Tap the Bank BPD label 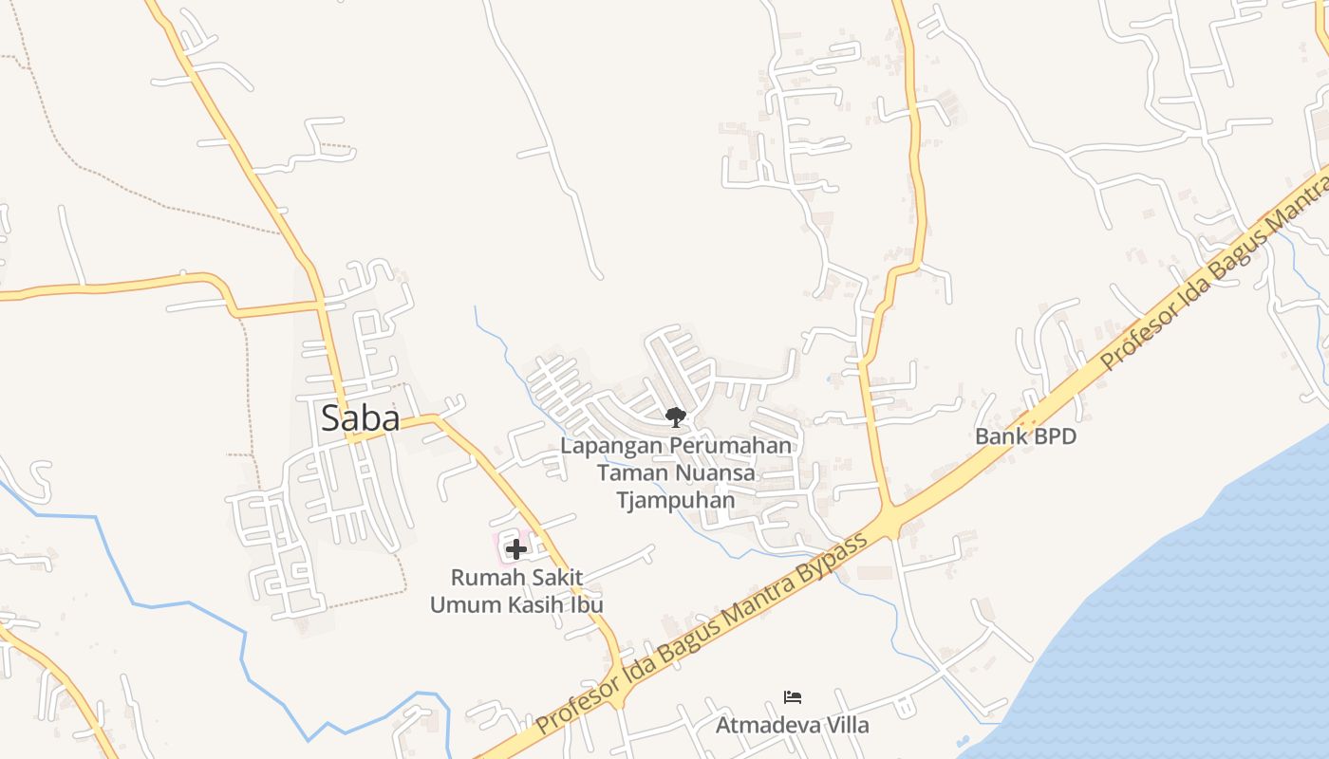pos(1026,436)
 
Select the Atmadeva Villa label pos(792,725)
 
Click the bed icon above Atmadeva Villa pos(793,698)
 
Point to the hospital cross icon pos(515,549)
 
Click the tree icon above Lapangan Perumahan pos(675,417)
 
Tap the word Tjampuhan pos(676,500)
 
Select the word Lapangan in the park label pos(611,445)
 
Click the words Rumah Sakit pos(516,577)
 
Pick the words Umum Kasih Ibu pos(516,604)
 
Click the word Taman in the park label pos(627,472)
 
